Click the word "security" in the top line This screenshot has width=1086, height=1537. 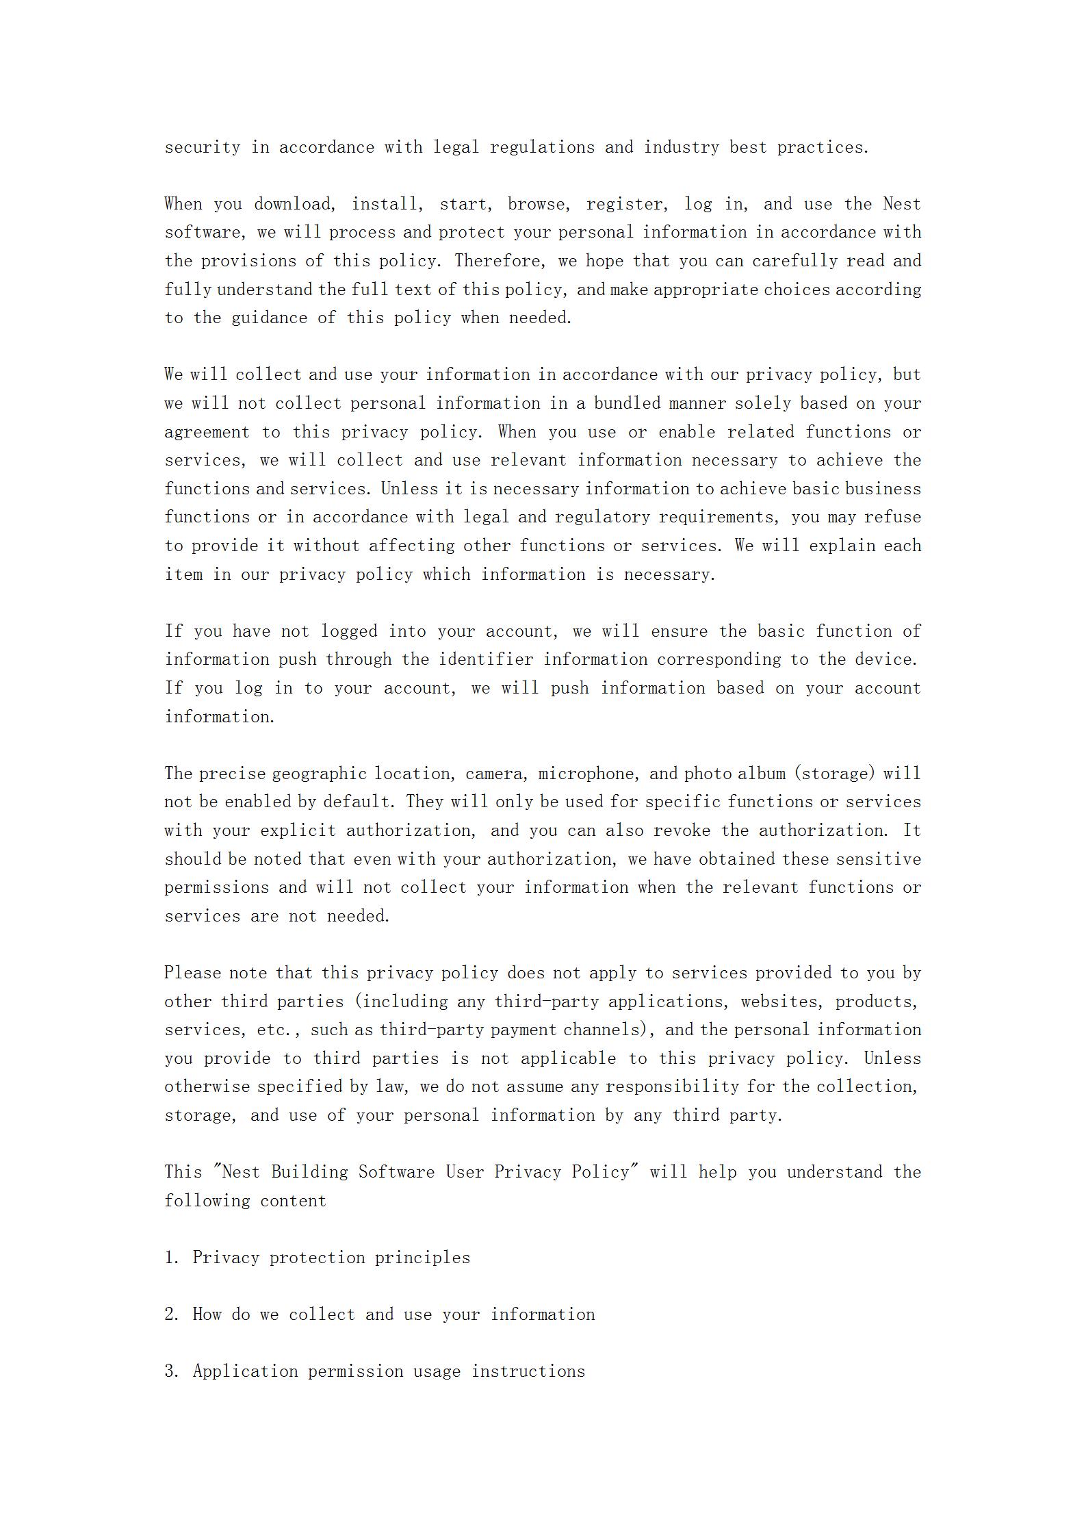click(x=202, y=147)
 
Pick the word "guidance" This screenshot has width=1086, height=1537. click(x=269, y=318)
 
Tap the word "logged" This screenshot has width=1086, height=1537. click(x=349, y=631)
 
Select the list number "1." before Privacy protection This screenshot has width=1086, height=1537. click(x=172, y=1258)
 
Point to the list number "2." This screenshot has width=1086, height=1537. click(x=172, y=1314)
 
